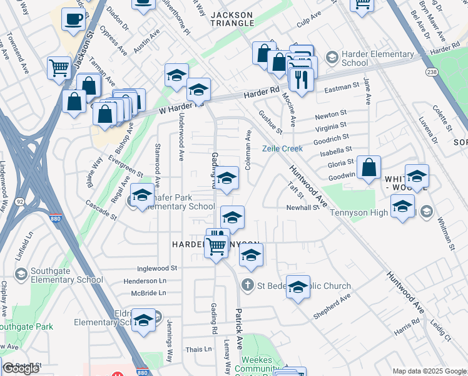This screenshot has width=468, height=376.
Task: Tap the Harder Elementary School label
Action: (374, 58)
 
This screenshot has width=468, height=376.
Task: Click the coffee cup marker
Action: (74, 19)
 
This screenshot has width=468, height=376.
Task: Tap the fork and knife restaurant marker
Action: (302, 80)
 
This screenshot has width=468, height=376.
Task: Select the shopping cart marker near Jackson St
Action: (59, 68)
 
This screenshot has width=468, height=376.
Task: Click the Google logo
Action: (21, 368)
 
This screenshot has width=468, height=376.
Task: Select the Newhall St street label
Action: (303, 207)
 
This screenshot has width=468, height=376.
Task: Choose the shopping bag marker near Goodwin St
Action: (370, 167)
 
